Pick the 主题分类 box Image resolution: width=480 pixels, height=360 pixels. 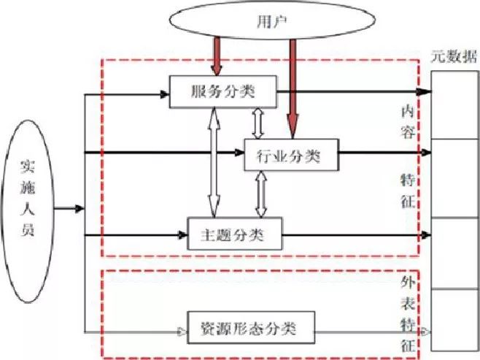click(x=233, y=235)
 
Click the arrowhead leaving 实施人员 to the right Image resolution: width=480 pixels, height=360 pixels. click(x=80, y=210)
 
